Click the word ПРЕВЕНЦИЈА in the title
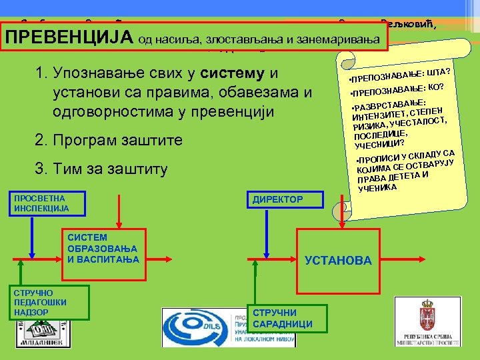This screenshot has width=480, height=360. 69,38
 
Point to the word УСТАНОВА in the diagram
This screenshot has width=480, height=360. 338,261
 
